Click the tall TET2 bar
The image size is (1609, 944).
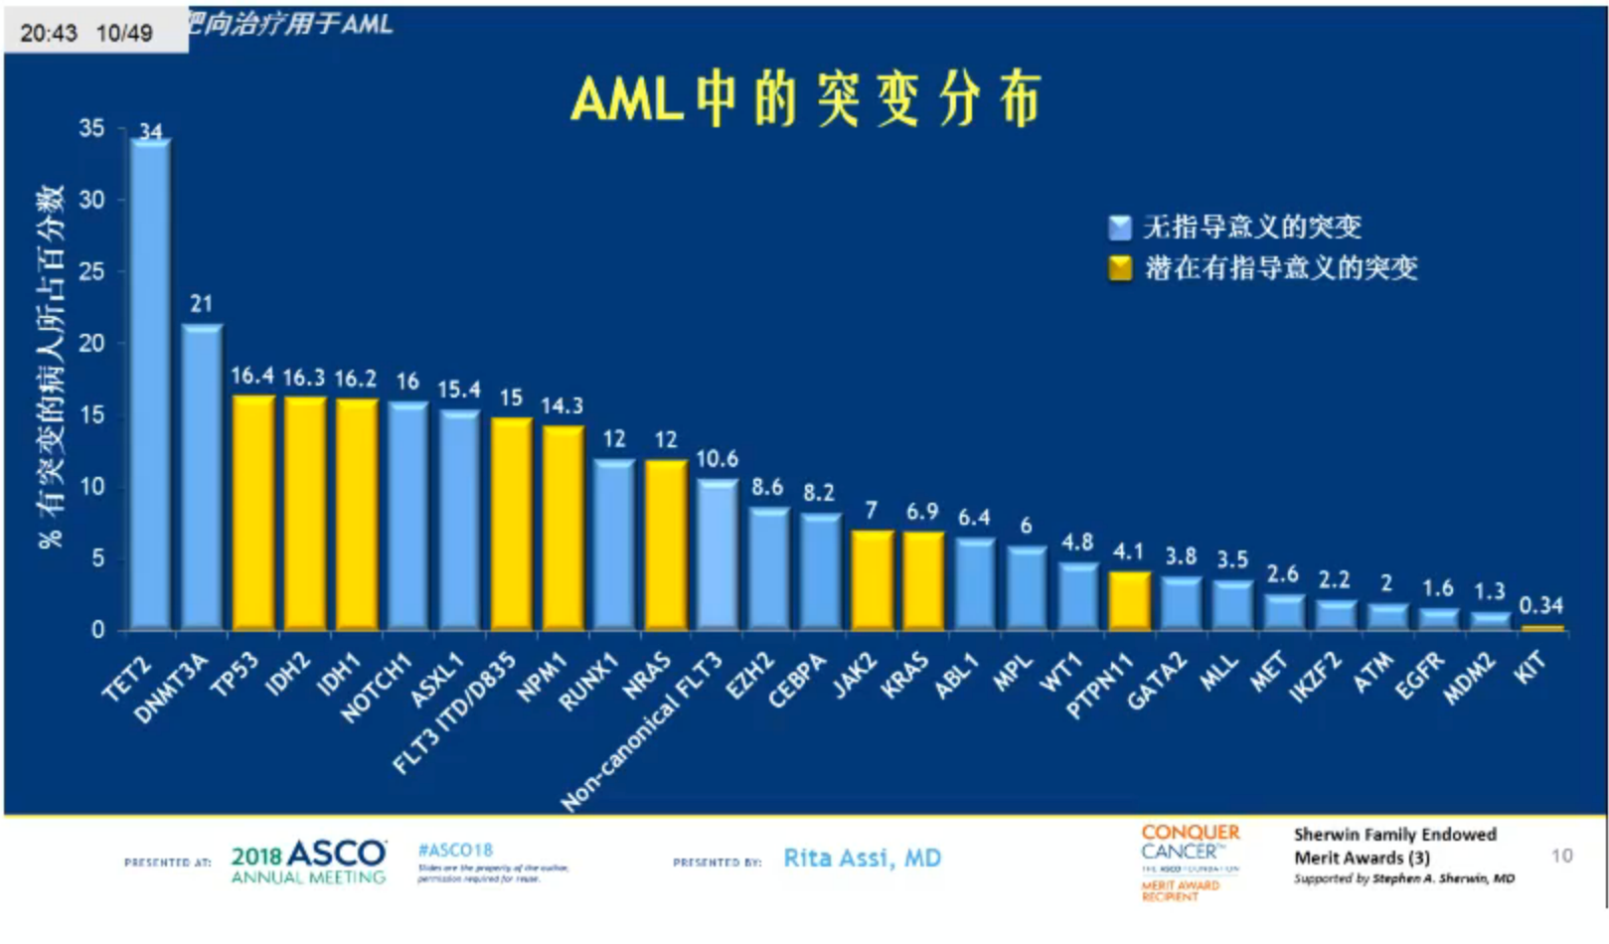click(150, 383)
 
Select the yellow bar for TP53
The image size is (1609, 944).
click(253, 512)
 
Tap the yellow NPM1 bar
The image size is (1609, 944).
click(563, 527)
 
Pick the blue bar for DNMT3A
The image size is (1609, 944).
click(202, 477)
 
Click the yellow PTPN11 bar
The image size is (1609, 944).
click(1129, 600)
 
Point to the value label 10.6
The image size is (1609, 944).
click(717, 459)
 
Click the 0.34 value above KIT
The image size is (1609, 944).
click(1540, 605)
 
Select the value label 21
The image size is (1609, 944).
click(202, 304)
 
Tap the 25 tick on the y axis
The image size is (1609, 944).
click(91, 271)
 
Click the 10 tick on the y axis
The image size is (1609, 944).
click(91, 487)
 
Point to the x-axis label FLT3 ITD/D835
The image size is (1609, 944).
click(454, 713)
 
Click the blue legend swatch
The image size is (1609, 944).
click(1120, 228)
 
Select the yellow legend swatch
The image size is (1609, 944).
click(1120, 268)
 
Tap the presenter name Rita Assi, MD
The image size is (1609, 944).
click(862, 859)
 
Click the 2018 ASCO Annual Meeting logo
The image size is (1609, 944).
click(308, 862)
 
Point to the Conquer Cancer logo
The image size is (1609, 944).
click(1190, 861)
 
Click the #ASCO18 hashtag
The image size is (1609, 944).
click(455, 851)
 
